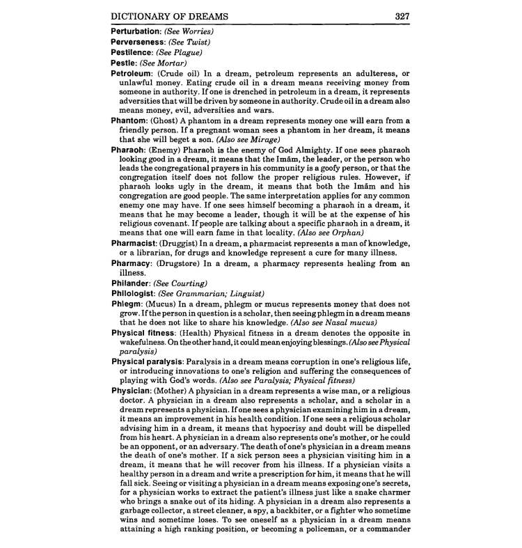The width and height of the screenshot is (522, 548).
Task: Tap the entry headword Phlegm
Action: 128,304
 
